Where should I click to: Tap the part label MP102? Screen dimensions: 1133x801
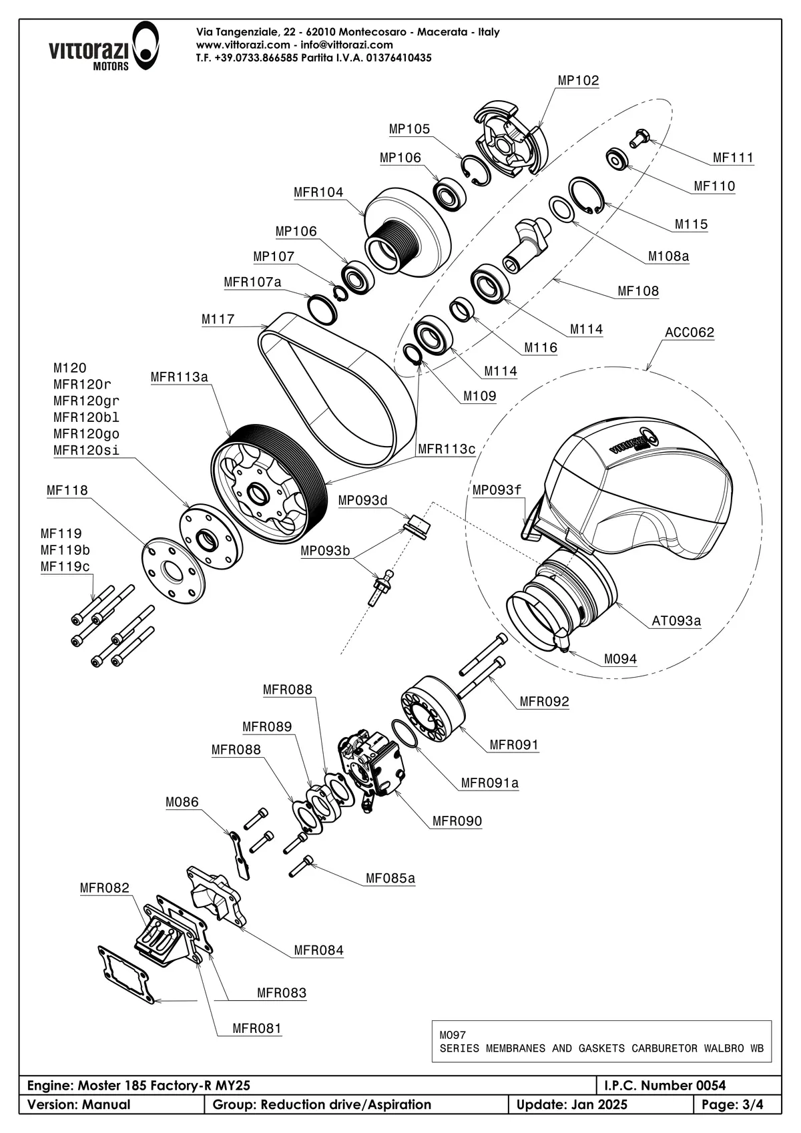click(x=578, y=81)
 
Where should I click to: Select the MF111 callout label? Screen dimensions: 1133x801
click(x=733, y=158)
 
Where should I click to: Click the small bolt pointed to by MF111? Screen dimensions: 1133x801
click(x=637, y=137)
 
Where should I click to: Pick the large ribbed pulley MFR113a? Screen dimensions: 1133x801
click(x=267, y=481)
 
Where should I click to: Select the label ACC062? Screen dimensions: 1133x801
click(x=690, y=332)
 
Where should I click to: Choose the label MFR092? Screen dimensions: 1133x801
click(x=544, y=702)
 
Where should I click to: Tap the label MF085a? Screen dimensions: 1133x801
click(x=390, y=879)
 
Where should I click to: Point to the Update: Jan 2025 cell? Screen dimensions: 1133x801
click(x=572, y=1104)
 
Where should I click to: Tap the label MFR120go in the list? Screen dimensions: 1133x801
click(x=86, y=434)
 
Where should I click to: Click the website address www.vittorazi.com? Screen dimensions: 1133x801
click(x=243, y=45)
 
